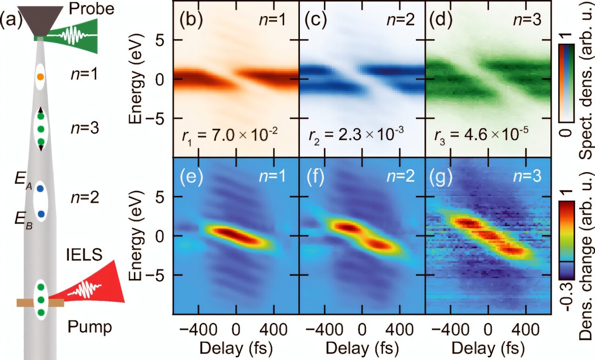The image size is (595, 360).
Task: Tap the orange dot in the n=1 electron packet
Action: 41,76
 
